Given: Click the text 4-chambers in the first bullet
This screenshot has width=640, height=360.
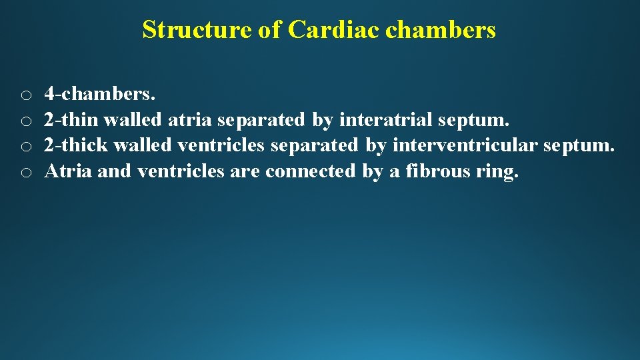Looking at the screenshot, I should tap(99, 95).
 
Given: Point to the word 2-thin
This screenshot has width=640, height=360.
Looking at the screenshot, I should tap(71, 120).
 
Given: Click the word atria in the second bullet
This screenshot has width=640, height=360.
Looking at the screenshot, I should tap(190, 120).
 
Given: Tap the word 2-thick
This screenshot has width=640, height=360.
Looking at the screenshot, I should tap(76, 145).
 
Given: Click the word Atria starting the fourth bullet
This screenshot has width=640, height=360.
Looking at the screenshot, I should tap(67, 171).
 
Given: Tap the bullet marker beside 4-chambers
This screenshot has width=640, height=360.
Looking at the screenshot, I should tap(25, 96).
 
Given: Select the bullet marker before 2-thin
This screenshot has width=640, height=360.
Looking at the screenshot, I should tap(25, 121).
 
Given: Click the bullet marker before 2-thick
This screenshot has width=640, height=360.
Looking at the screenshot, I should tap(25, 147).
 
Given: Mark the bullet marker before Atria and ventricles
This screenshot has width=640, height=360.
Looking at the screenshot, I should tap(25, 173).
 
